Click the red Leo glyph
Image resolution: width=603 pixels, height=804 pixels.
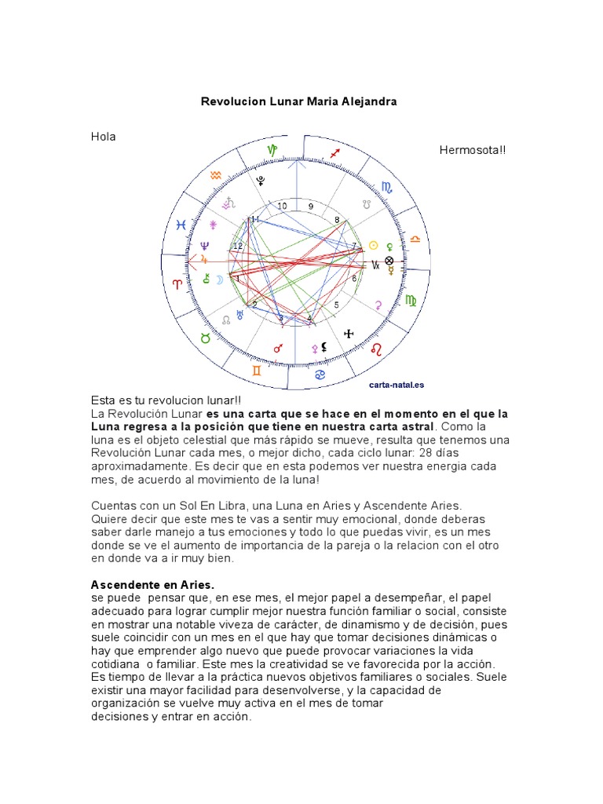[378, 347]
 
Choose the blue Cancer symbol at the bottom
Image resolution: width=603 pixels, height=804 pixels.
[320, 375]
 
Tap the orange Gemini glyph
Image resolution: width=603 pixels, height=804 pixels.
[257, 369]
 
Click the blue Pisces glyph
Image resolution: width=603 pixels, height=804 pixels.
[181, 225]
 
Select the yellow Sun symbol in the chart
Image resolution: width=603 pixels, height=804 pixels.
[374, 245]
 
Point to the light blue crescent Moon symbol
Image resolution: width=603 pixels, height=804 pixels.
[206, 278]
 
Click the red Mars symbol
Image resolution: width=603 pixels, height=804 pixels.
[277, 348]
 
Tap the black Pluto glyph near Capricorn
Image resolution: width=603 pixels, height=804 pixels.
[261, 181]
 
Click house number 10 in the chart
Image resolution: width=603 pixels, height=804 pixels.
[282, 206]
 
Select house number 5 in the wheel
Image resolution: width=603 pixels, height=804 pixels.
[337, 305]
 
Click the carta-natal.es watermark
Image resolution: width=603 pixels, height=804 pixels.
[397, 385]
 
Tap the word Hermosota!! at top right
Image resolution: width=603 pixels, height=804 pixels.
[473, 150]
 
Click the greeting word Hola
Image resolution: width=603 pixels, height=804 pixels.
[104, 137]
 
